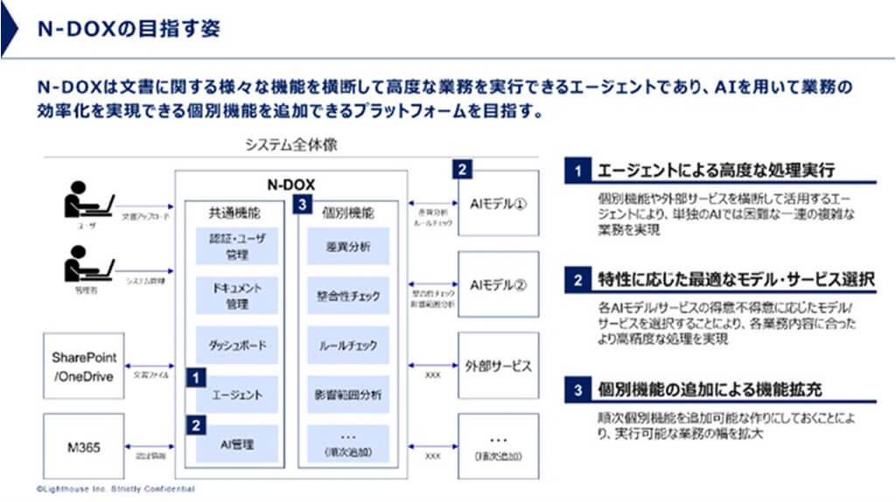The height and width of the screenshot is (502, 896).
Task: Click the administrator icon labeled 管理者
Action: pos(88,265)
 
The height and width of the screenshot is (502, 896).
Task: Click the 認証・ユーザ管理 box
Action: pos(237,246)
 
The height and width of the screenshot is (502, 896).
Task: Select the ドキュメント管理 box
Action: pos(237,296)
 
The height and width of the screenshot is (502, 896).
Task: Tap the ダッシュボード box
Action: pos(237,345)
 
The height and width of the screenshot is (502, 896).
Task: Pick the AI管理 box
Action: pos(237,444)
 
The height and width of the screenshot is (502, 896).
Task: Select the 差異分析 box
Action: pos(347,247)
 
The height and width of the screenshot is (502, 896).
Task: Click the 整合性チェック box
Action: pos(347,296)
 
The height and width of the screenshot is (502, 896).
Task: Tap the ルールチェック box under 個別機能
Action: pos(347,345)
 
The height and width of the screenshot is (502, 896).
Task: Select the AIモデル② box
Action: pos(498,284)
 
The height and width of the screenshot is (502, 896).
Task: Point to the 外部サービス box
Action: pos(498,366)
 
